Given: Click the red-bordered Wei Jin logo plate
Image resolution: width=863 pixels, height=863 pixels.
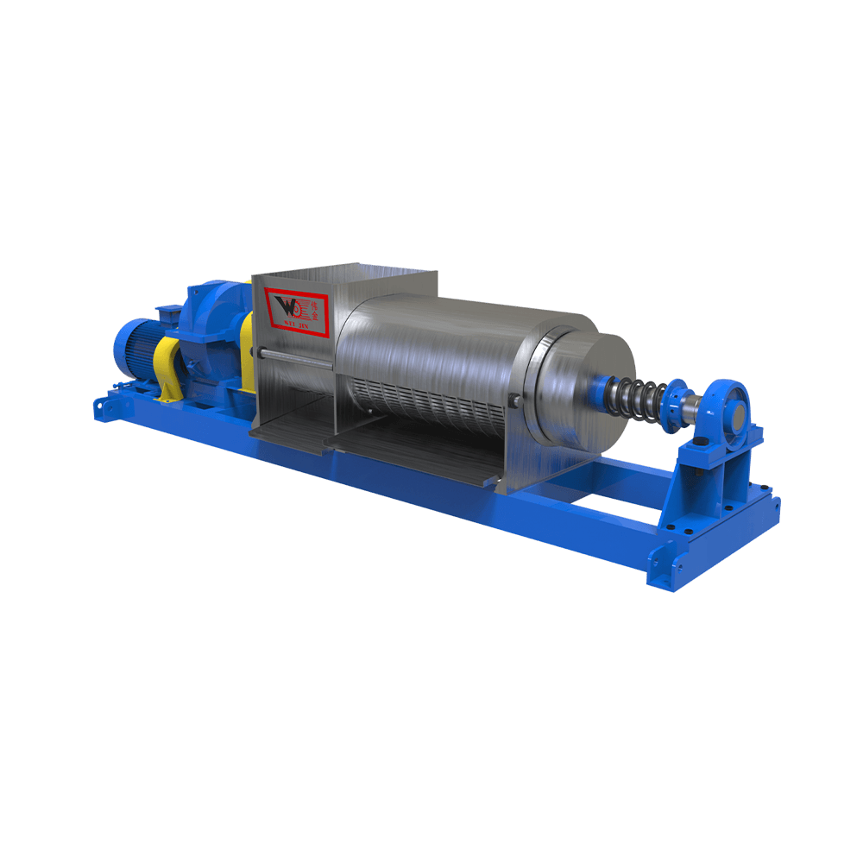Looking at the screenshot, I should tap(294, 309).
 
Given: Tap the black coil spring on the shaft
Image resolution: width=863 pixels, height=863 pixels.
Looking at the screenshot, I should tap(635, 397).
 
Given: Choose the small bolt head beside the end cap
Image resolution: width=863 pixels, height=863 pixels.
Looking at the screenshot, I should tap(514, 398).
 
